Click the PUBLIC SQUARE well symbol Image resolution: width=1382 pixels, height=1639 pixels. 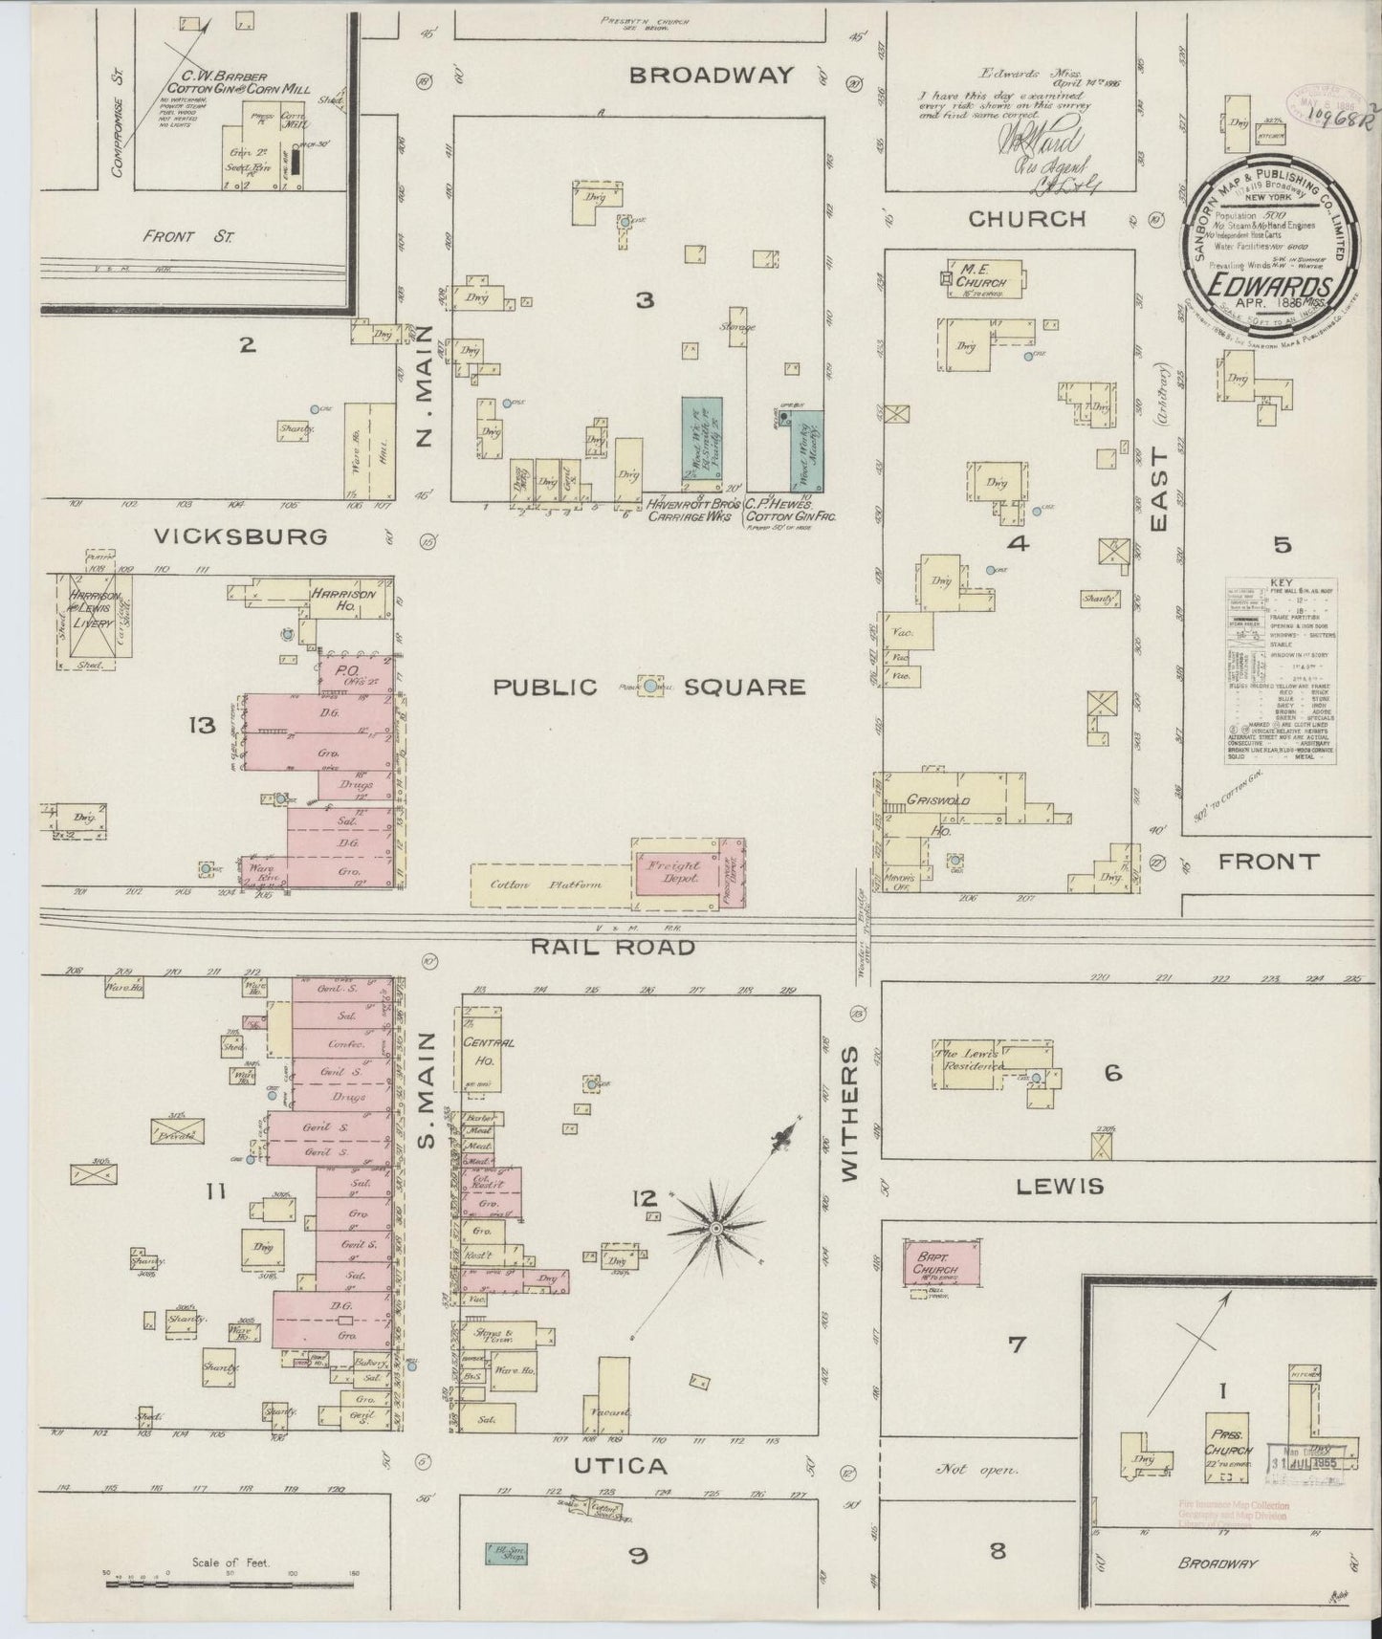(651, 686)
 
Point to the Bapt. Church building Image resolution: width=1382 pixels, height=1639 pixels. (941, 1262)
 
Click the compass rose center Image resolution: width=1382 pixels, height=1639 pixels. (714, 1227)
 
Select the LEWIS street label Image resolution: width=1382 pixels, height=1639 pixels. (1060, 1187)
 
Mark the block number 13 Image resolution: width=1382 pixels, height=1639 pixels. (202, 727)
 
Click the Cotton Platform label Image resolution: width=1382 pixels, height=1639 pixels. (545, 885)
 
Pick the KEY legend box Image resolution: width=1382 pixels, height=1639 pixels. (1282, 670)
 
